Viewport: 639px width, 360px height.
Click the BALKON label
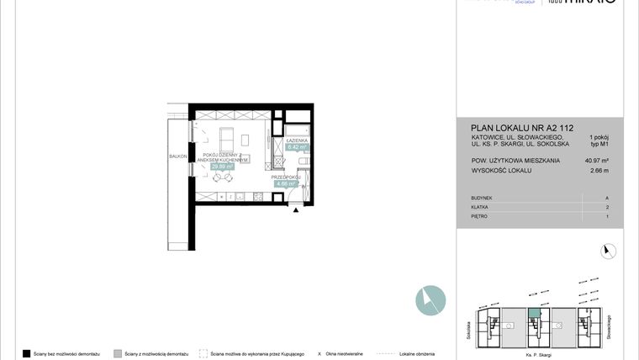click(177, 156)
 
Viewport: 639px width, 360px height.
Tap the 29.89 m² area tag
click(223, 167)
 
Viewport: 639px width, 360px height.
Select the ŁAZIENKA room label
click(298, 140)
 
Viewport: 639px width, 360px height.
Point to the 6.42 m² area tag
click(298, 147)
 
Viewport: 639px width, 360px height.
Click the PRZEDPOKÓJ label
click(285, 177)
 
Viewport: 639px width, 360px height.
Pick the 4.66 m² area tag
click(286, 184)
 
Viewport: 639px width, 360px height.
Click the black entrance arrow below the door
click(295, 211)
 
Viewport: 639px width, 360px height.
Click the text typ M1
click(599, 145)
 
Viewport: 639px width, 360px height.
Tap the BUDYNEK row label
click(483, 197)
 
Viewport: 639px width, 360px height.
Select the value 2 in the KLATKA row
click(607, 206)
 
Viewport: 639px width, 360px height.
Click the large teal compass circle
click(430, 300)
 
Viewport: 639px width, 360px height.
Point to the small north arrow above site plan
click(609, 250)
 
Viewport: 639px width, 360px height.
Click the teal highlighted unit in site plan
click(534, 313)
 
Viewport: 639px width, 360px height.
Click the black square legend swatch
click(27, 353)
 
